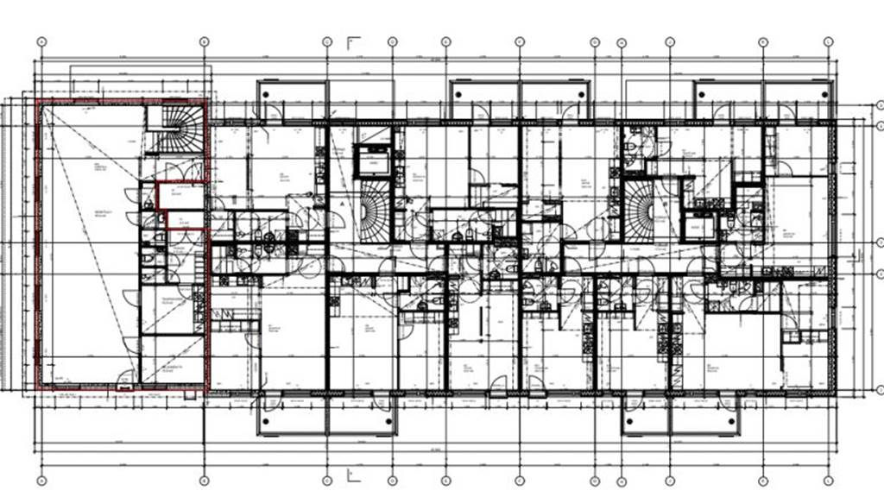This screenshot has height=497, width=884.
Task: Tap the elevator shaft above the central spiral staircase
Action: point(375,161)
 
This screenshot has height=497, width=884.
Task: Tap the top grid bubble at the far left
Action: point(41,41)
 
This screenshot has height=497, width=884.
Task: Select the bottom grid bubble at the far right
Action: point(828,480)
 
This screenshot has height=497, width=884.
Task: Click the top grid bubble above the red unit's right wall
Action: point(205,41)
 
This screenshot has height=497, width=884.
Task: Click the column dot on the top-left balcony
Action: point(267,92)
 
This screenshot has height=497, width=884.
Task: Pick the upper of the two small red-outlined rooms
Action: point(180,196)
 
